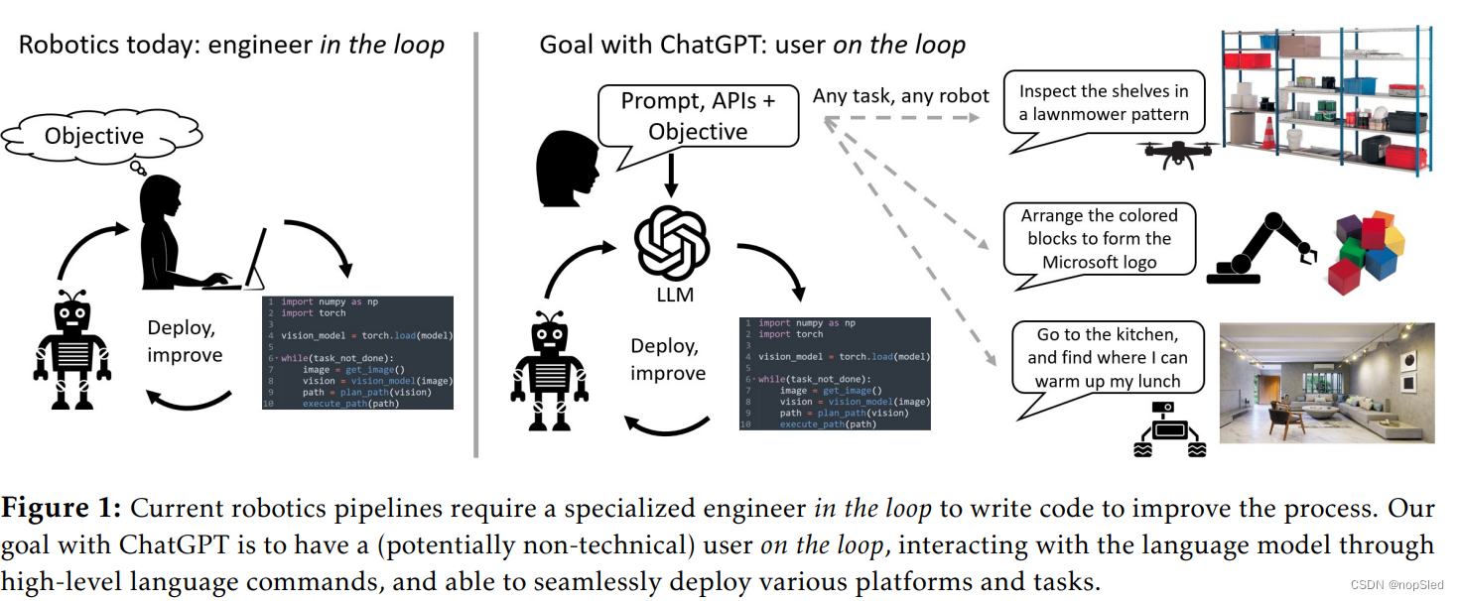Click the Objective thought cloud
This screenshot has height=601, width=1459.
[95, 135]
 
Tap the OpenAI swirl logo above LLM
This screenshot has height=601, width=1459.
[672, 241]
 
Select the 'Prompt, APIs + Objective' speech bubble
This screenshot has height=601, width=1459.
[698, 117]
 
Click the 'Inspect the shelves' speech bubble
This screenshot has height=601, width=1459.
[1103, 103]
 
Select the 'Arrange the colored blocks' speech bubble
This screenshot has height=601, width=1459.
[1099, 239]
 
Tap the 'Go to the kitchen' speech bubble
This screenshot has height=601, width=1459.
[1107, 358]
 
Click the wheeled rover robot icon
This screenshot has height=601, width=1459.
[1170, 431]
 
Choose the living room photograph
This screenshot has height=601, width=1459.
[1326, 382]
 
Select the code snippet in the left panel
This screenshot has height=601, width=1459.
[357, 352]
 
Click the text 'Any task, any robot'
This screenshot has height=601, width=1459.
[900, 96]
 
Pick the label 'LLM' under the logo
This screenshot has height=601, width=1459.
[675, 295]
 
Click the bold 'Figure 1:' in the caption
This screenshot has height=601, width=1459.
[61, 509]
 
